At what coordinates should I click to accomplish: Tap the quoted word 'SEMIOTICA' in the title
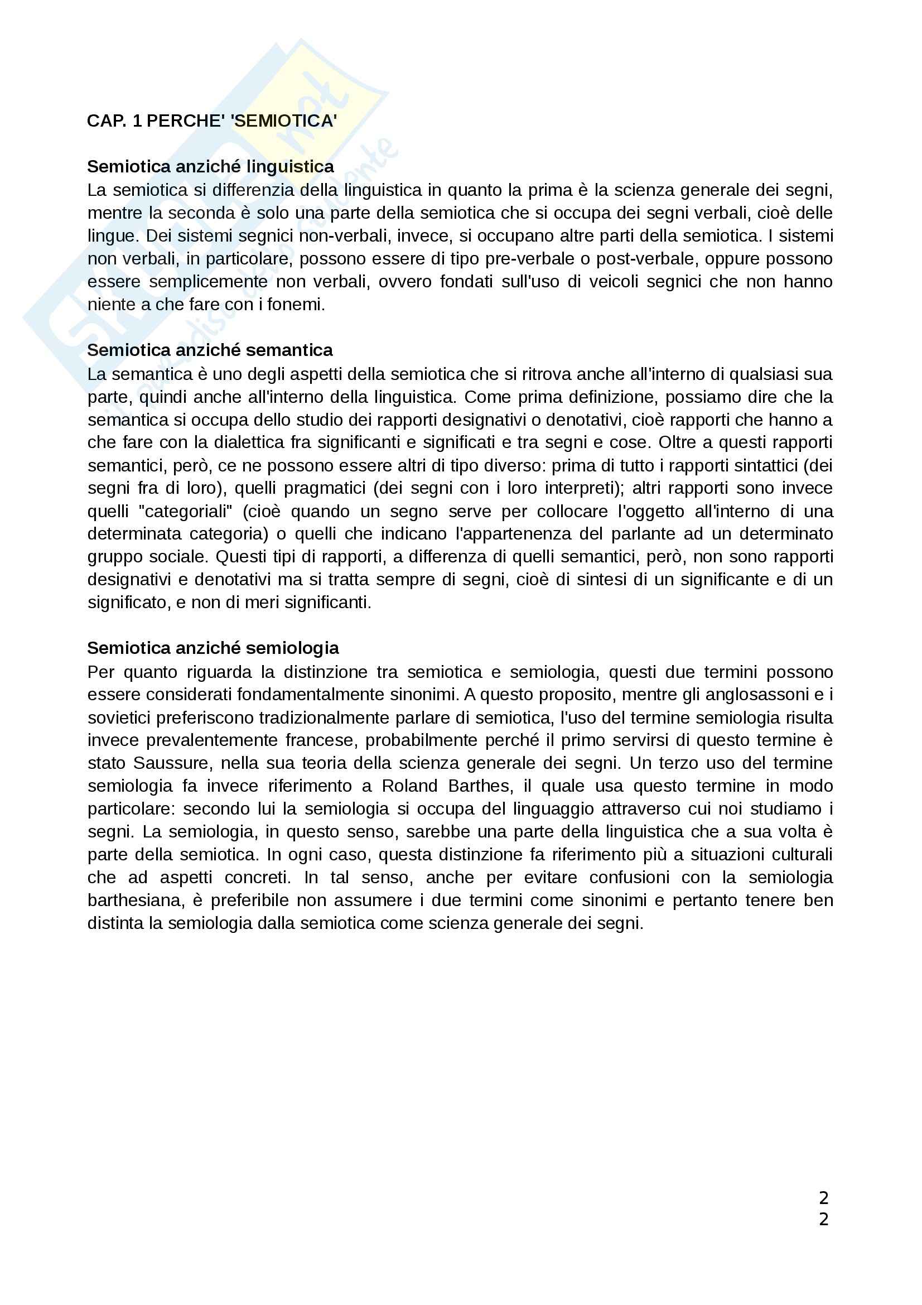pos(283,121)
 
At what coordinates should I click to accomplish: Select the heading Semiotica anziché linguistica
pos(210,166)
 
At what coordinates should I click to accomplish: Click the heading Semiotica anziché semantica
pos(210,350)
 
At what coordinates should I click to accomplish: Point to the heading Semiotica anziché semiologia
pos(213,648)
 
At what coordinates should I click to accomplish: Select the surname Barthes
pos(479,786)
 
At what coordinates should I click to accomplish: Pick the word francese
pos(320,740)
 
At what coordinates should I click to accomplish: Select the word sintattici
pos(762,465)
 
